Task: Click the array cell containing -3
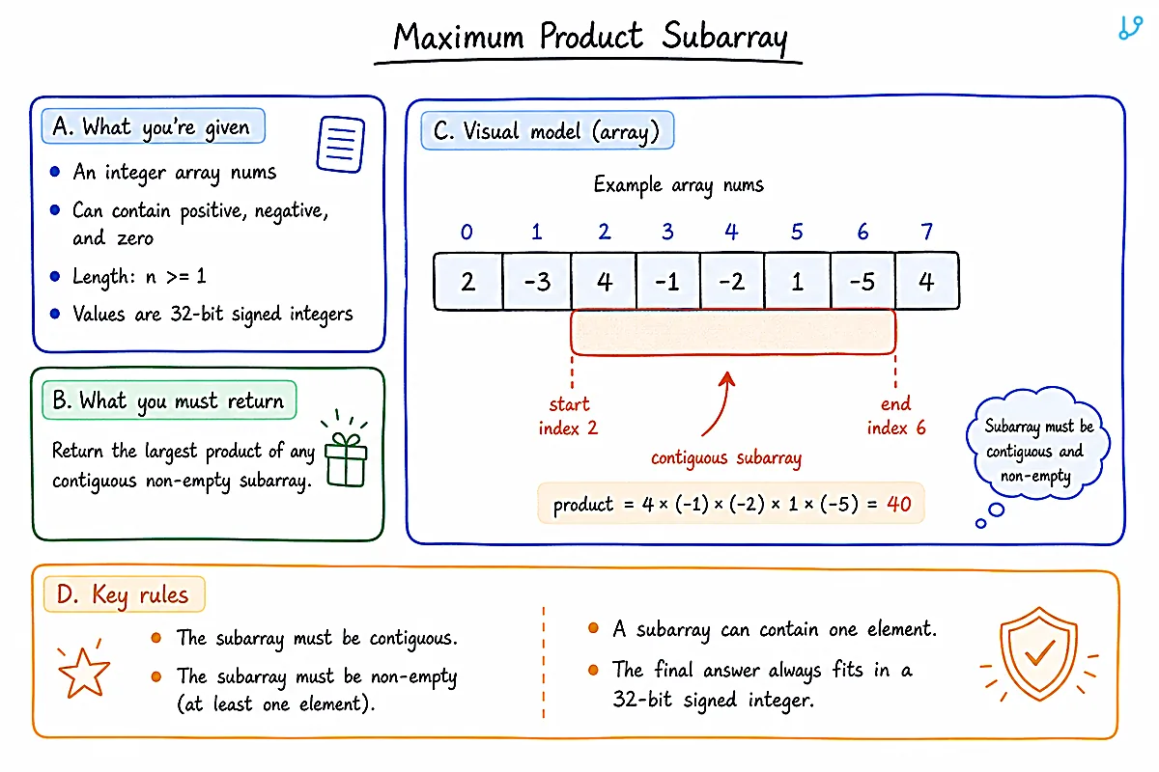pyautogui.click(x=537, y=281)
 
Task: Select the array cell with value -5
pyautogui.click(x=862, y=281)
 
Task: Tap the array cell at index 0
pyautogui.click(x=468, y=281)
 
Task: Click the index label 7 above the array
pyautogui.click(x=926, y=232)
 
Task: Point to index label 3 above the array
pyautogui.click(x=667, y=232)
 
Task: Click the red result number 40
pyautogui.click(x=899, y=504)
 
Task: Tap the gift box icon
pyautogui.click(x=346, y=449)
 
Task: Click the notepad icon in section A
pyautogui.click(x=340, y=144)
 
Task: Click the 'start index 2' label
pyautogui.click(x=568, y=416)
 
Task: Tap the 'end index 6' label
pyautogui.click(x=896, y=416)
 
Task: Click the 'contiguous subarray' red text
pyautogui.click(x=726, y=458)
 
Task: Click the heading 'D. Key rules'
pyautogui.click(x=125, y=594)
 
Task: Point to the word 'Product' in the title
pyautogui.click(x=591, y=37)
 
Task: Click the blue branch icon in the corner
pyautogui.click(x=1131, y=27)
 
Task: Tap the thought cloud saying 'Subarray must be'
pyautogui.click(x=1038, y=445)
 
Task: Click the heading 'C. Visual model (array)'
pyautogui.click(x=548, y=130)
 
